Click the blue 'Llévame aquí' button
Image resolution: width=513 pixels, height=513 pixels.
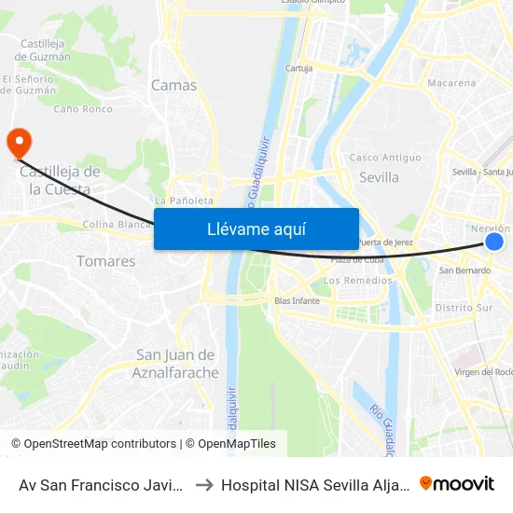(x=256, y=229)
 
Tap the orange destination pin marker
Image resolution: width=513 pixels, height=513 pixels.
(x=19, y=144)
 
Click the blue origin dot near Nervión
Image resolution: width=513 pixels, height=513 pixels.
(x=494, y=243)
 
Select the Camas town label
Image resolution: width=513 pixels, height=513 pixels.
(x=174, y=85)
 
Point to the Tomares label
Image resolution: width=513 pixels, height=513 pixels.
(x=106, y=261)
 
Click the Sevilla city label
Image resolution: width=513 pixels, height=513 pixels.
(x=379, y=177)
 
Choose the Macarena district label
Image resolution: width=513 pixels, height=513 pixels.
(x=451, y=83)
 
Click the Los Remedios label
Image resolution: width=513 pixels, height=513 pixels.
(x=357, y=280)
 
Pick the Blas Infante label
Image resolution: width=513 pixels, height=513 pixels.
(x=297, y=300)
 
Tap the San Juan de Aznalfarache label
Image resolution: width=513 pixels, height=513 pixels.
(x=176, y=364)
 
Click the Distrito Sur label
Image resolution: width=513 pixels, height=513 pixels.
(x=464, y=307)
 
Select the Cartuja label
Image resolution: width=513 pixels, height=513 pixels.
(x=298, y=68)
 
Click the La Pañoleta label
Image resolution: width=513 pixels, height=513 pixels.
(x=184, y=200)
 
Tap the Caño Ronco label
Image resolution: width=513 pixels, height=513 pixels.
(x=83, y=109)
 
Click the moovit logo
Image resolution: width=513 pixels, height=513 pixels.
(x=457, y=483)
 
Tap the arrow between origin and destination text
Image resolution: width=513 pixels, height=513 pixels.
(x=203, y=484)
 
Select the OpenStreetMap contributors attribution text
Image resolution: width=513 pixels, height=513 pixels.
(x=93, y=444)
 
